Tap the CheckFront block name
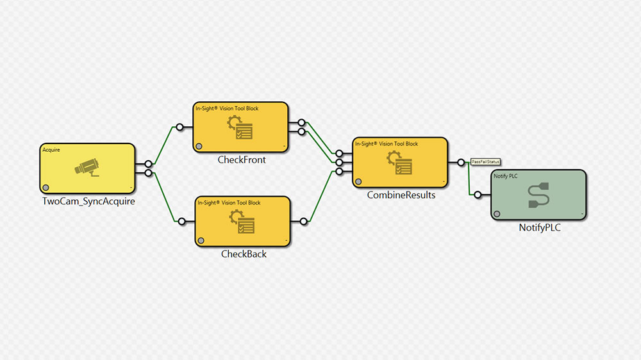tap(242, 160)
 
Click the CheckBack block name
tap(244, 254)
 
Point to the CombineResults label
tap(401, 195)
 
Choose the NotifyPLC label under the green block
tap(539, 227)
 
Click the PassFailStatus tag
tap(485, 161)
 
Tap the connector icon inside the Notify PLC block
tap(538, 195)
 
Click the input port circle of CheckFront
tap(180, 127)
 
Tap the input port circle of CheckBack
tap(182, 221)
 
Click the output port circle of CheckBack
tap(303, 221)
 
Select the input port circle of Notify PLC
tap(478, 194)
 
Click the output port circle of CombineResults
tap(461, 162)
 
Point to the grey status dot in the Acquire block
tap(46, 187)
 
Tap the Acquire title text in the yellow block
tap(51, 149)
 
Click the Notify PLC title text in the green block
tap(506, 176)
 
